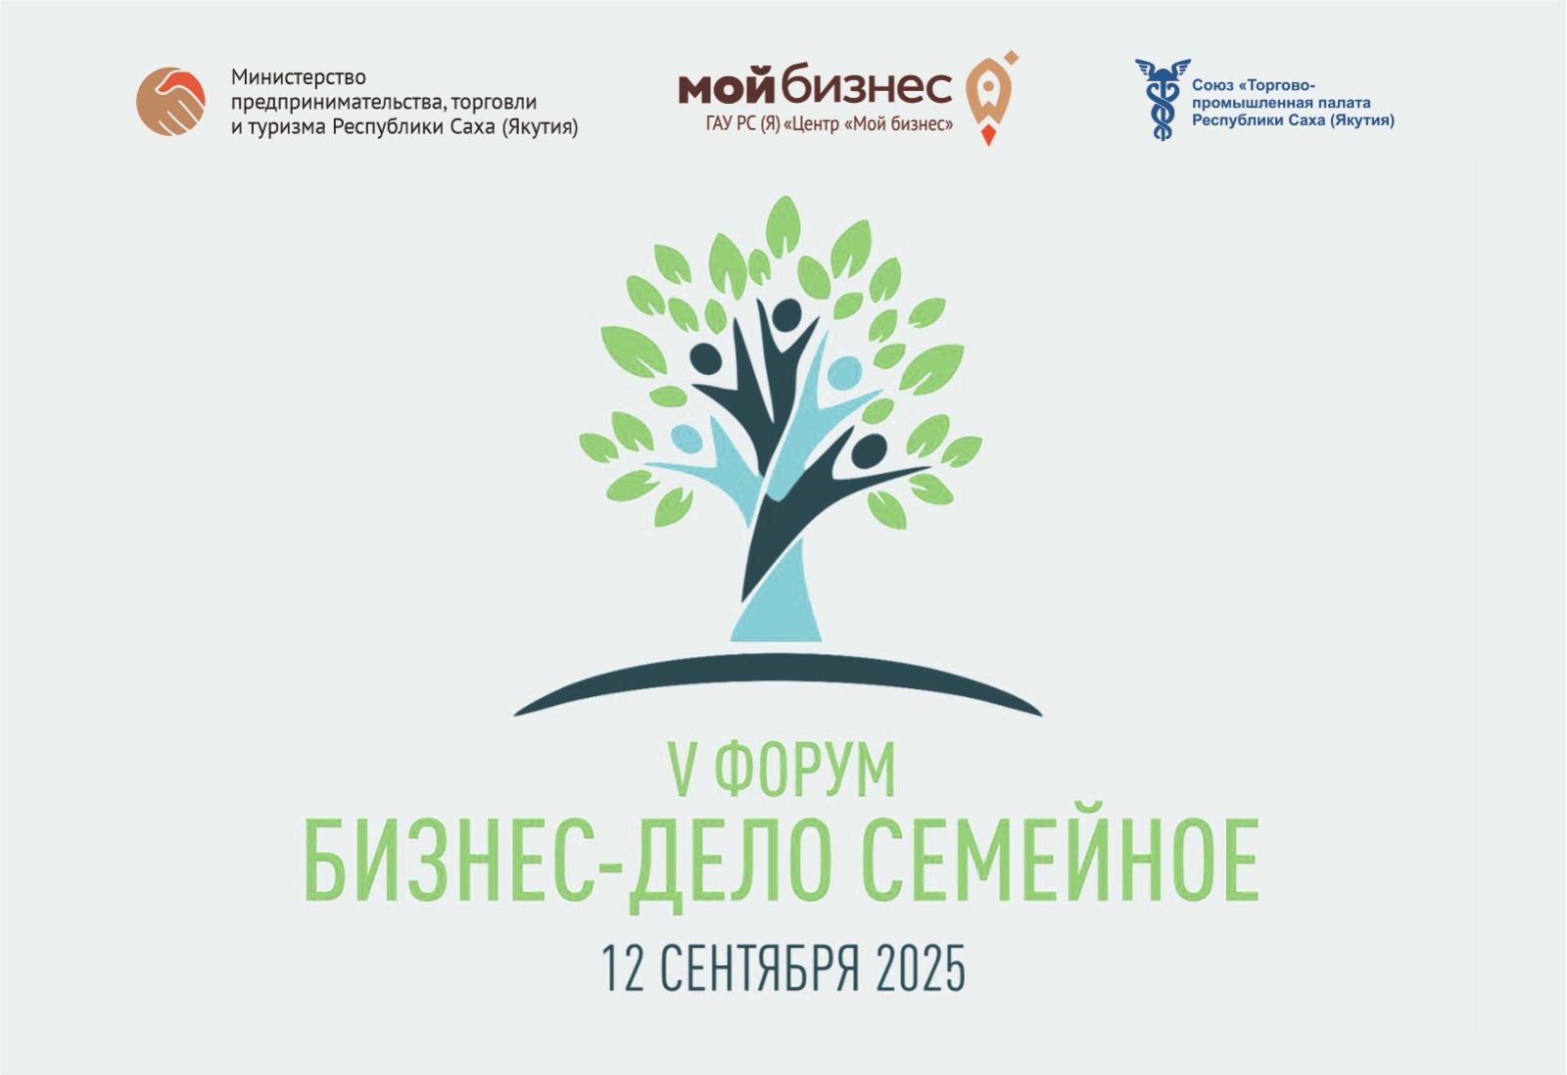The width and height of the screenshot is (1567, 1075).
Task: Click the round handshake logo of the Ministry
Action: coord(170,102)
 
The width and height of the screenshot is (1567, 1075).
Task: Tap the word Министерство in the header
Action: coord(299,76)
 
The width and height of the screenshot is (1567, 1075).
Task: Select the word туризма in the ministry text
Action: coord(287,127)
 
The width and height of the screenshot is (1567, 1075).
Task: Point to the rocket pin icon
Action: coord(991,98)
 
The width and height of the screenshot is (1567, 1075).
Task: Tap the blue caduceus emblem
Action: coord(1162,99)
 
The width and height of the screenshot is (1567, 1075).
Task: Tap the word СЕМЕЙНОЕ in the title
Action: coord(1060,864)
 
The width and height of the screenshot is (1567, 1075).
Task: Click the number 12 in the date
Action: coord(623,968)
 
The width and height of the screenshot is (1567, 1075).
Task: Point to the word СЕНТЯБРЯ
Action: coord(760,968)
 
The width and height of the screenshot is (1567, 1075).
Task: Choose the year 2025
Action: coord(921,968)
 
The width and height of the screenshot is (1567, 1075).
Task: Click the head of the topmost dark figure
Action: coord(786,315)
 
